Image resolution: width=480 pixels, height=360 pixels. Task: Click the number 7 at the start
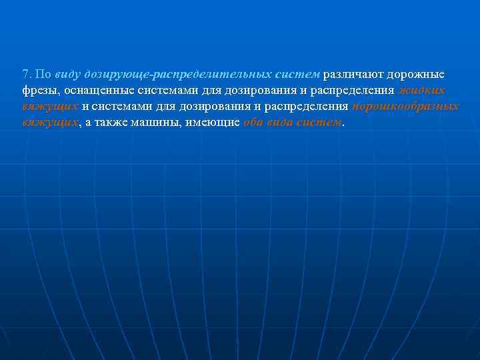(25, 74)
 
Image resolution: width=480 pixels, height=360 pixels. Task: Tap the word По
(42, 74)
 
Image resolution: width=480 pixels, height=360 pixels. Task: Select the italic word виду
(69, 74)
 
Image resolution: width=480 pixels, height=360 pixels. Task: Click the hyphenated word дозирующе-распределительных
(177, 74)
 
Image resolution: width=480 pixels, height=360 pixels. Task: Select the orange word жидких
(422, 91)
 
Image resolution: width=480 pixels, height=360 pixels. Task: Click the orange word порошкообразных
(405, 107)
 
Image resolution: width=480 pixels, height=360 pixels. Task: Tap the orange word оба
(254, 123)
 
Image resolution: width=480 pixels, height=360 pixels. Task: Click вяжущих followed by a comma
(50, 123)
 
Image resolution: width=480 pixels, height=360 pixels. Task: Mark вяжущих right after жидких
(50, 107)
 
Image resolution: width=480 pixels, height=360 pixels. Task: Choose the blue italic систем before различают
(298, 74)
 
